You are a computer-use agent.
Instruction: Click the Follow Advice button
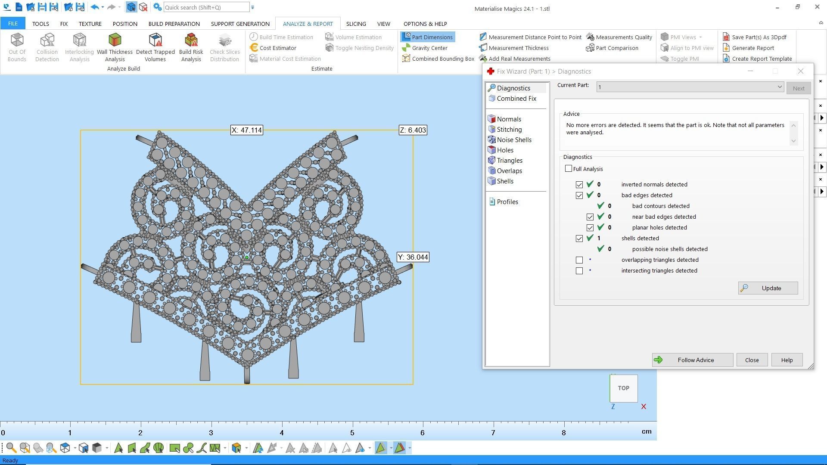tap(692, 360)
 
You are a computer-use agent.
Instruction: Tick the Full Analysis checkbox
tap(569, 169)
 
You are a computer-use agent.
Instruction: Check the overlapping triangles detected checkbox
tap(579, 260)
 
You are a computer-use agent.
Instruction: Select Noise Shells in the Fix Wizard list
tap(513, 140)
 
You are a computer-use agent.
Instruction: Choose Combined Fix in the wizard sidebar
tap(516, 99)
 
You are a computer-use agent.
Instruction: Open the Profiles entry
tap(507, 202)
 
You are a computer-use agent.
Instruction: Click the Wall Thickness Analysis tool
tap(115, 47)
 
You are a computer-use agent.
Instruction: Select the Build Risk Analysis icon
tap(191, 47)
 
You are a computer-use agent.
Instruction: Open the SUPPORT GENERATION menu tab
tap(240, 24)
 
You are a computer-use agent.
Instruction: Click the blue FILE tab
tap(12, 24)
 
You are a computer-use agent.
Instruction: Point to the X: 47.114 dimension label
tap(246, 130)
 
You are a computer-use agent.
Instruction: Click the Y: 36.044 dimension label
tap(413, 257)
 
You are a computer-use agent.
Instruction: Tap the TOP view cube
tap(623, 388)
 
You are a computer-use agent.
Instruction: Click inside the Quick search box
tap(206, 7)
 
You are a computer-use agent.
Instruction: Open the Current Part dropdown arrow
tap(779, 87)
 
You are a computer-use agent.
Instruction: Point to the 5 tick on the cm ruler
tap(352, 433)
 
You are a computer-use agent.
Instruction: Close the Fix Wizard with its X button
tap(800, 71)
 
